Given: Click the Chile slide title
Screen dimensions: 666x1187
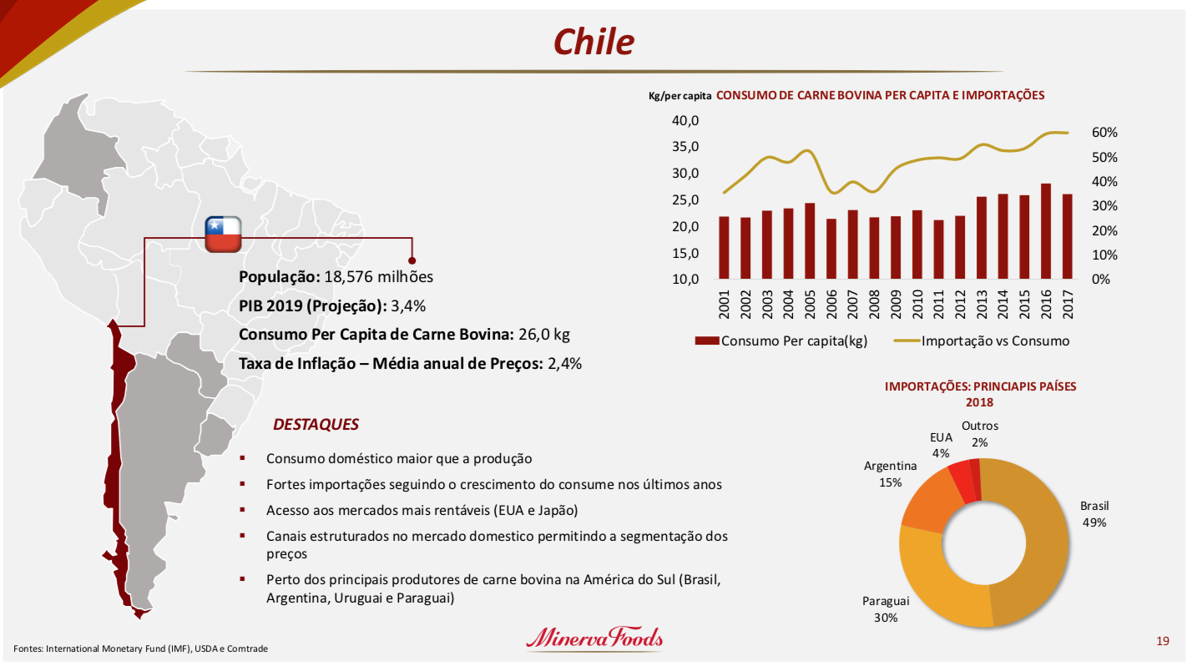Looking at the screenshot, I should pyautogui.click(x=593, y=42).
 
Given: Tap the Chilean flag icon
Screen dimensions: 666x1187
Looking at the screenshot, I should pyautogui.click(x=223, y=235).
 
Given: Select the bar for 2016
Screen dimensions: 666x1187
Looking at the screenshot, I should pyautogui.click(x=1046, y=231).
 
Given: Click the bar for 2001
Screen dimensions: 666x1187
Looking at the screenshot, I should pyautogui.click(x=724, y=247).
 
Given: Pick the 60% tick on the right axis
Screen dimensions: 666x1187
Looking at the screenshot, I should pyautogui.click(x=1104, y=134).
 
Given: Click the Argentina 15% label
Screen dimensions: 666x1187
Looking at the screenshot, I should pyautogui.click(x=890, y=474).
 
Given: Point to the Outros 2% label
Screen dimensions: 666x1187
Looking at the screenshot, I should pyautogui.click(x=979, y=434).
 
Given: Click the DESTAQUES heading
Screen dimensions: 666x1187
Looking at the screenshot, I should pyautogui.click(x=316, y=425).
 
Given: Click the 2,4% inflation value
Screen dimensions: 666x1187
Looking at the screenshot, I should pyautogui.click(x=565, y=363).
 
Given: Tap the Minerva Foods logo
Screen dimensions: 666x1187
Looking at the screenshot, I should pyautogui.click(x=594, y=638).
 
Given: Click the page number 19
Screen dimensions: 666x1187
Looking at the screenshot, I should pyautogui.click(x=1162, y=641).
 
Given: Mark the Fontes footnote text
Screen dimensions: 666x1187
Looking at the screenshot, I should pyautogui.click(x=140, y=648).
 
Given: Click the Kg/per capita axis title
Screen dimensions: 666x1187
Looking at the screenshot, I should pyautogui.click(x=679, y=97).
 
